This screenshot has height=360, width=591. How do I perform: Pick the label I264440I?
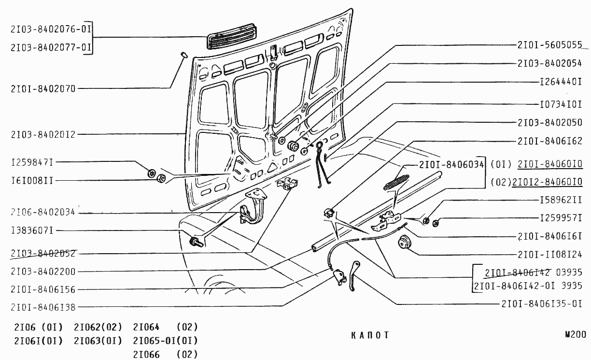560,82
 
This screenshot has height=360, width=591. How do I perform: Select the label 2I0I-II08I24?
549,254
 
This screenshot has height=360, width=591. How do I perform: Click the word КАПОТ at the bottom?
370,335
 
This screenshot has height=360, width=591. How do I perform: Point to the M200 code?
575,334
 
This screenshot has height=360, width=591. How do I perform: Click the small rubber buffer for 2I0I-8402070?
184,54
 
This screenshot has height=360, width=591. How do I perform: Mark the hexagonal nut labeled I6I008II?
162,179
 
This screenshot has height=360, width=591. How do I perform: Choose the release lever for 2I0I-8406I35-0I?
354,275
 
